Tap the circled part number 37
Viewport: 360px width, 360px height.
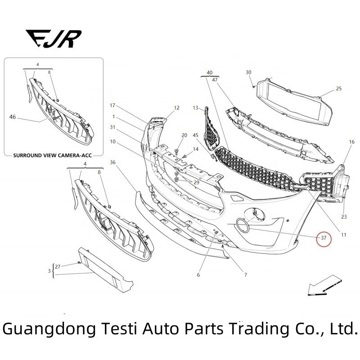pyautogui.click(x=323, y=237)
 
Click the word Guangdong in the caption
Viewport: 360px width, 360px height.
pyautogui.click(x=49, y=329)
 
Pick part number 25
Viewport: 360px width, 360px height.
pyautogui.click(x=339, y=89)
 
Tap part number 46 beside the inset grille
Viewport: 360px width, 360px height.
pyautogui.click(x=12, y=117)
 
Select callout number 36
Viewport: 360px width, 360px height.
pyautogui.click(x=112, y=162)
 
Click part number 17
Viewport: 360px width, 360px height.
pyautogui.click(x=112, y=105)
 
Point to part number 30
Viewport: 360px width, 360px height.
pyautogui.click(x=248, y=72)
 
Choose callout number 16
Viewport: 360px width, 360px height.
pyautogui.click(x=351, y=142)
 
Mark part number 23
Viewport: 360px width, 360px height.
pyautogui.click(x=344, y=216)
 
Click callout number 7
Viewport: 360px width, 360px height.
pyautogui.click(x=245, y=274)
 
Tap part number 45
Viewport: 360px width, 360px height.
pyautogui.click(x=195, y=135)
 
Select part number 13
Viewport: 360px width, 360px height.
pyautogui.click(x=195, y=108)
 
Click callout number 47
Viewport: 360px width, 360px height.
pyautogui.click(x=215, y=80)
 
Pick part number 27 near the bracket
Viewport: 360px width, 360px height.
pyautogui.click(x=58, y=266)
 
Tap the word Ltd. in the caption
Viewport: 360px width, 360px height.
pyautogui.click(x=343, y=329)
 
